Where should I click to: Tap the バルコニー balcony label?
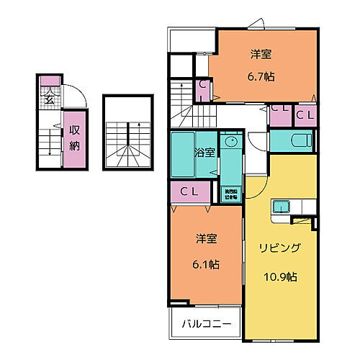[206, 324]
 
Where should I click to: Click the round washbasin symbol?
[230, 142]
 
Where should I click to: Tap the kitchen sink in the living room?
[279, 208]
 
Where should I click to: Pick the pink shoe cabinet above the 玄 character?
[49, 80]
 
